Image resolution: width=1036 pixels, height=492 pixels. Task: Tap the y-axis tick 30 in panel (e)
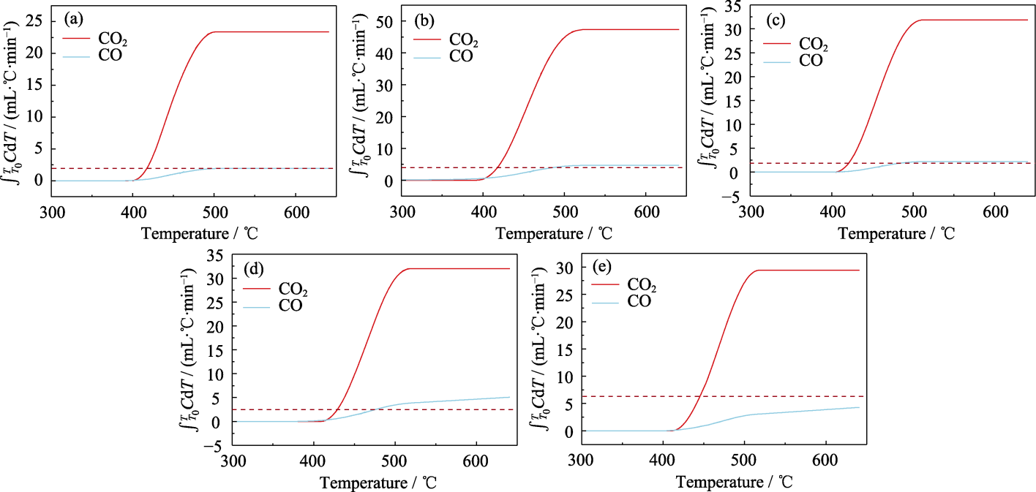click(566, 268)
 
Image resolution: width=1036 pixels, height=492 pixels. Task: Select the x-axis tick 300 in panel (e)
click(581, 461)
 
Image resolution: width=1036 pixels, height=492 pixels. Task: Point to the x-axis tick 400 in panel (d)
click(315, 461)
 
